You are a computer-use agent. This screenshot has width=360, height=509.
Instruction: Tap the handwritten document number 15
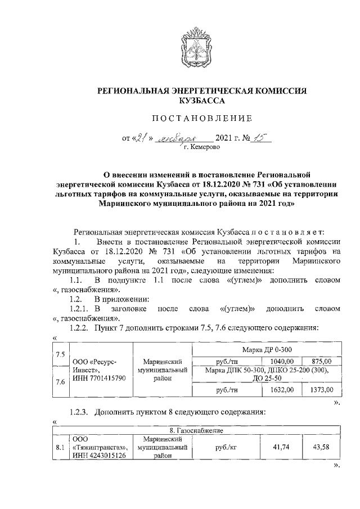coord(260,137)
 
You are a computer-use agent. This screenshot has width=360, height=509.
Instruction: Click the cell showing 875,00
coord(321,361)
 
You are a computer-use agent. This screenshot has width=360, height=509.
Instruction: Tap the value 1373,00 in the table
coord(321,389)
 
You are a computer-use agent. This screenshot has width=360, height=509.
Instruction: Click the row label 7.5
coord(60,354)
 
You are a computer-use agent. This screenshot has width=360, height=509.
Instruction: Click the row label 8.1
coord(60,448)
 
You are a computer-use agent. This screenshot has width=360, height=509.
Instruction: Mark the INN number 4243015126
coord(99,456)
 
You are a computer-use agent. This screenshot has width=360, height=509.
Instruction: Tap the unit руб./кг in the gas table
coord(223,448)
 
